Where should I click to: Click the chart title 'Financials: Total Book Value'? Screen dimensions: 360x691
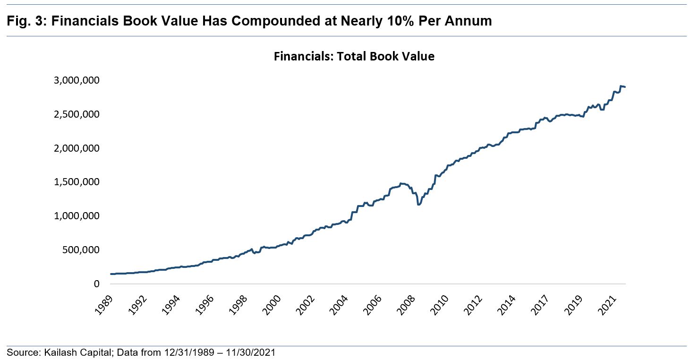(354, 57)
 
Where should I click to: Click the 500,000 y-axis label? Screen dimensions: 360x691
(80, 250)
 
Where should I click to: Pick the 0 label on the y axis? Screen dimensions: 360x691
(96, 284)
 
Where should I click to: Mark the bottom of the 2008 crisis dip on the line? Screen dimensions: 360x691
(418, 204)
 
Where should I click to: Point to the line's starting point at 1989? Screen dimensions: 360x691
(111, 274)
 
